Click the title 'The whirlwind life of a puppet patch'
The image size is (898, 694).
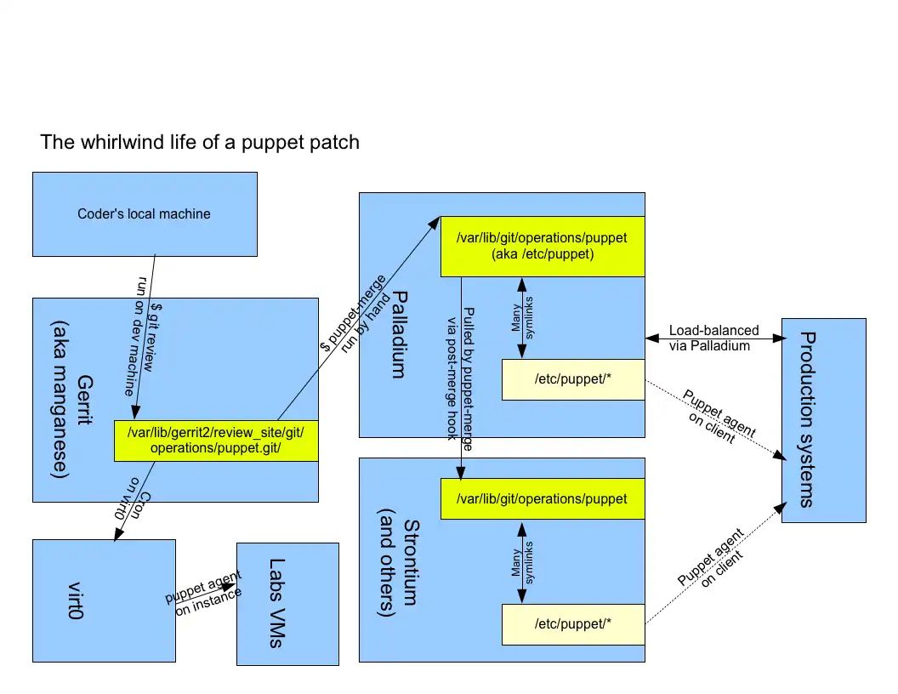[x=200, y=142]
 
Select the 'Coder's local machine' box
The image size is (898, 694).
[x=144, y=213]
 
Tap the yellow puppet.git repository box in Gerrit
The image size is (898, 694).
[x=215, y=441]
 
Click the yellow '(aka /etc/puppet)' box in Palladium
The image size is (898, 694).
[x=542, y=246]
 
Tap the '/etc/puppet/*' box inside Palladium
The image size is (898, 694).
[x=573, y=379]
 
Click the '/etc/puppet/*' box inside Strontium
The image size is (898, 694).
[x=573, y=624]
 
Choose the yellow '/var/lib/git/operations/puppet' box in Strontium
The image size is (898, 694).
[x=542, y=498]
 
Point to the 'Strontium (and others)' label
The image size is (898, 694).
[x=400, y=561]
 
